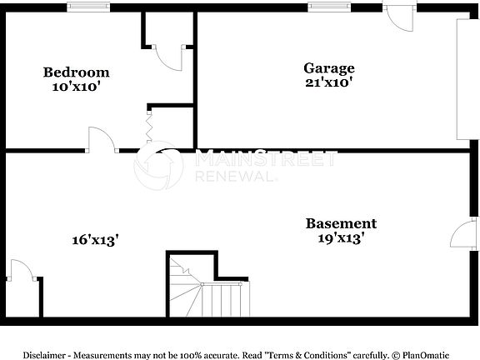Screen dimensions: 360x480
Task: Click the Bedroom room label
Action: coord(76,72)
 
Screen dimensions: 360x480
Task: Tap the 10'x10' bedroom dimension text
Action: coord(76,85)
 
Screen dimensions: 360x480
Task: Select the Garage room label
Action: coord(328,68)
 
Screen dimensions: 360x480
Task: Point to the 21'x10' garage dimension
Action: coord(328,82)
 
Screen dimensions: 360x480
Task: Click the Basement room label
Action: coord(340,223)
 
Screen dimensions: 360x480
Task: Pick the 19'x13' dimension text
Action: coord(340,238)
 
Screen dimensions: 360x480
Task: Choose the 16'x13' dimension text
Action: coord(94,239)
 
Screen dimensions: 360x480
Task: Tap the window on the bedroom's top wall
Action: coord(87,7)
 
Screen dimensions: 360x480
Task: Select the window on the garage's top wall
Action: coord(328,7)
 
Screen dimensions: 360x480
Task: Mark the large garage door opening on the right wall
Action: coord(464,79)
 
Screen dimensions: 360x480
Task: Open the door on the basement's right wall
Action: coord(463,235)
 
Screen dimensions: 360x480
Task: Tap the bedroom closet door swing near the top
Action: coord(171,57)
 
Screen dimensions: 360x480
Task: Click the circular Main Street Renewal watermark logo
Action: coord(158,165)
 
